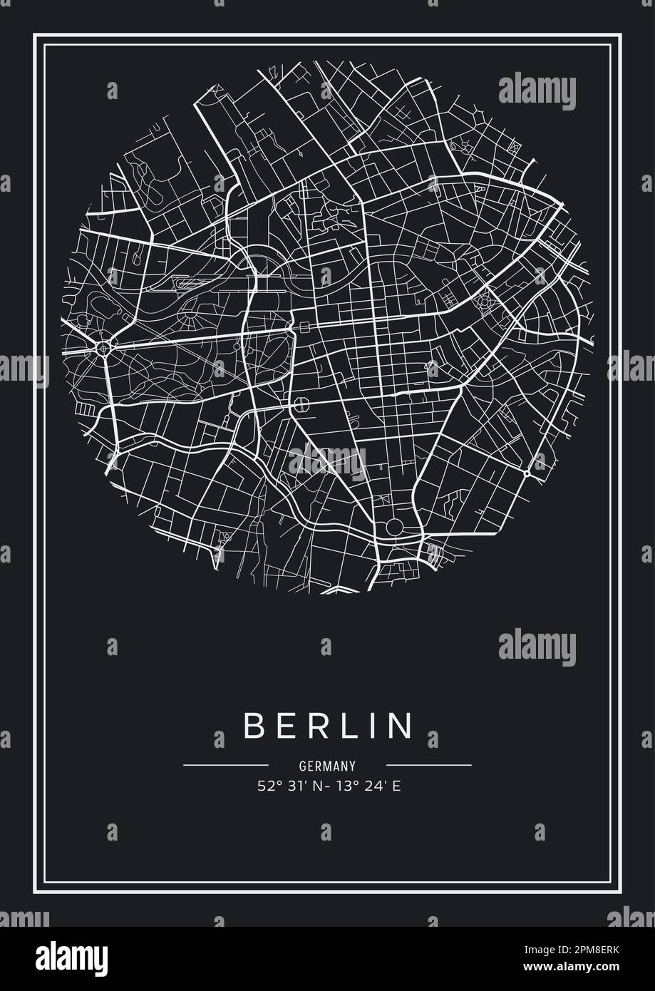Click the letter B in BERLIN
coord(254,725)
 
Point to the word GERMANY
coord(327,766)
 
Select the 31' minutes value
coord(292,787)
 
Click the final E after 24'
coord(389,787)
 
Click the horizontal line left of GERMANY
coord(225,765)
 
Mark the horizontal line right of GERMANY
coord(429,765)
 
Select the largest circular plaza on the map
coord(393,528)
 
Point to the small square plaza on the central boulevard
coord(305,327)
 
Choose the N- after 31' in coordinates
coord(316,787)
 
